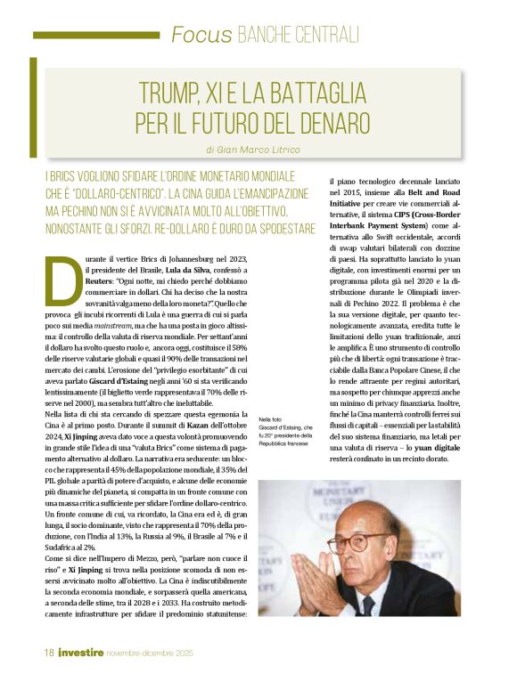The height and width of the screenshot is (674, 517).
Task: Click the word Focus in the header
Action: click(x=201, y=35)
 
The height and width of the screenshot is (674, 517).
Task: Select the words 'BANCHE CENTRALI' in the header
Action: click(x=299, y=35)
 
